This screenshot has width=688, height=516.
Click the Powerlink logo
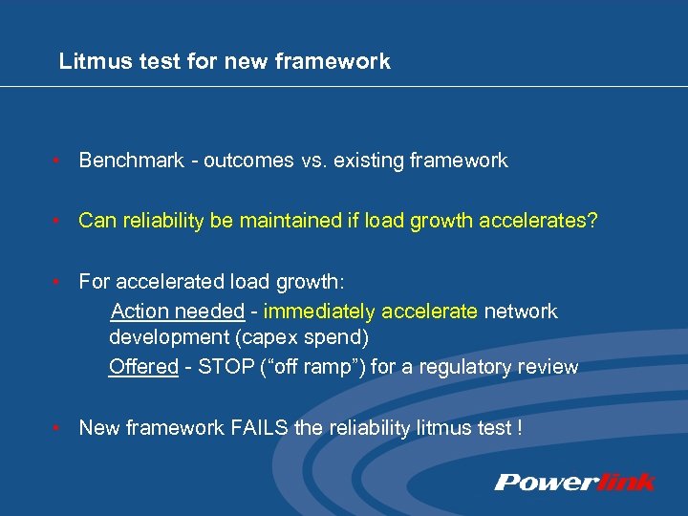click(x=574, y=482)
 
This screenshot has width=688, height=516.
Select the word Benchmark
click(x=131, y=161)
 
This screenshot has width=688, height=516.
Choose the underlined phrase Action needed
click(x=178, y=312)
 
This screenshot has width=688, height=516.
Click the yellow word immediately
click(x=321, y=312)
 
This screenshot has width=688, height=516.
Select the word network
click(x=521, y=312)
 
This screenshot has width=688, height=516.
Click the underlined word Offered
click(x=143, y=367)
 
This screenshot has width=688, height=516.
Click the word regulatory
click(x=475, y=367)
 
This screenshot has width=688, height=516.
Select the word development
click(x=164, y=338)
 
